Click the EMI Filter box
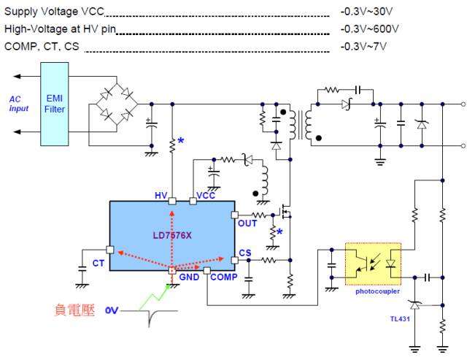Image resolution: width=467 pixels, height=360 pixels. (x=55, y=103)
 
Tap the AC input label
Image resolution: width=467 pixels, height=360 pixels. (x=19, y=104)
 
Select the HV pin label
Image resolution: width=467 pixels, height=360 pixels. (x=161, y=196)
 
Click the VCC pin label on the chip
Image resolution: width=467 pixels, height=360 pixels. (x=207, y=196)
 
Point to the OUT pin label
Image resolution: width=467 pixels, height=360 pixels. (x=247, y=223)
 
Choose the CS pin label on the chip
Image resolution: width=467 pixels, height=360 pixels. (x=246, y=253)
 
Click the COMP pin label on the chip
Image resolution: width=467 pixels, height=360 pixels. (x=223, y=277)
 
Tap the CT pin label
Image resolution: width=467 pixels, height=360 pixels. (x=98, y=263)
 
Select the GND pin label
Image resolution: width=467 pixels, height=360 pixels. (x=189, y=277)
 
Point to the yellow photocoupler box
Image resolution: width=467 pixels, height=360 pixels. (x=373, y=263)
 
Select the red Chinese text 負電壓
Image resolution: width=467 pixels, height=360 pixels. (x=75, y=309)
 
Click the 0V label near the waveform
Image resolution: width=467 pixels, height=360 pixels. (x=111, y=310)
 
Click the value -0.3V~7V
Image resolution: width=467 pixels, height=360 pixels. (x=363, y=47)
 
